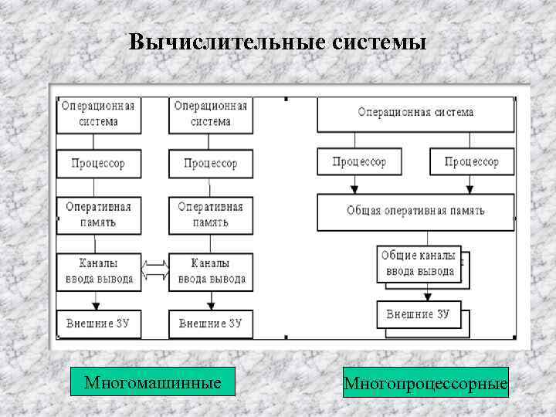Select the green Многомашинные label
152,382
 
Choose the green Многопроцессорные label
425,383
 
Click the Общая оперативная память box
416,212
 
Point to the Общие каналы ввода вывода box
420,263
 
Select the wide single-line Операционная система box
416,113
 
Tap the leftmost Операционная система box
97,114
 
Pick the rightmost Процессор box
471,162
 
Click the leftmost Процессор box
97,164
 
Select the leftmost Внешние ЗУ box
97,324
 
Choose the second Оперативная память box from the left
210,214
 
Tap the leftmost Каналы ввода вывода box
97,271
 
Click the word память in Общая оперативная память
466,212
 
